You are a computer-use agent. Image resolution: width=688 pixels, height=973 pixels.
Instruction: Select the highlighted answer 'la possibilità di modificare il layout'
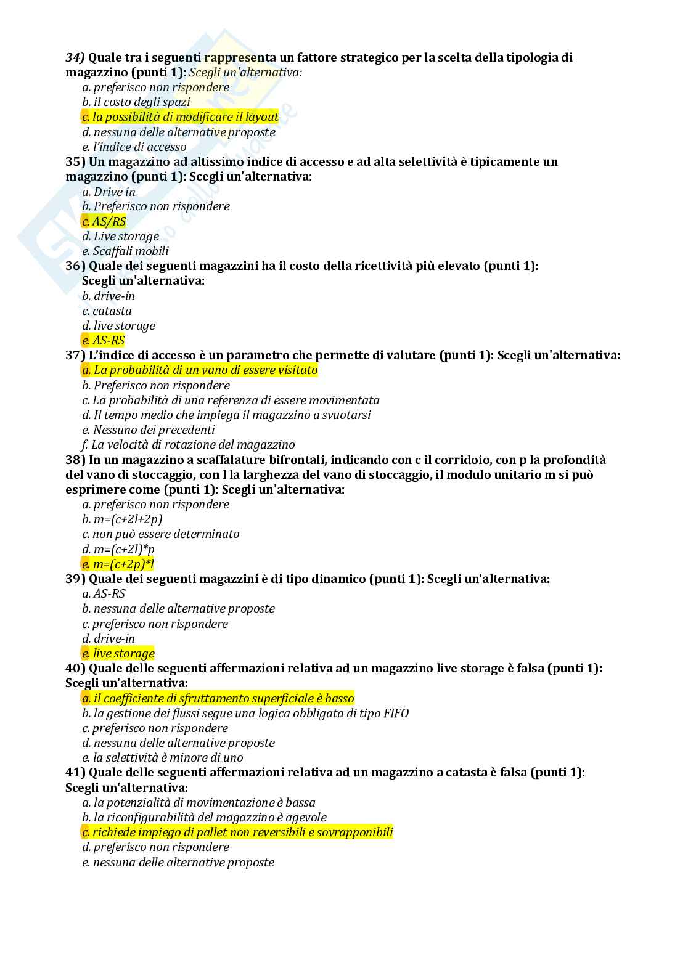[x=180, y=117]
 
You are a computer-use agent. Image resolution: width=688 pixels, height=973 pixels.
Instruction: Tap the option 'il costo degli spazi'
[x=136, y=102]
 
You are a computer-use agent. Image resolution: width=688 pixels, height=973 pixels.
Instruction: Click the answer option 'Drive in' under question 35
[x=109, y=192]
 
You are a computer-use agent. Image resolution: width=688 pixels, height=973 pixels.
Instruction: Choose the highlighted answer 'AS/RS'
[x=104, y=222]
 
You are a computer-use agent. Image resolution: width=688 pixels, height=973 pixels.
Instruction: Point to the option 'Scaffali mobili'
[x=125, y=251]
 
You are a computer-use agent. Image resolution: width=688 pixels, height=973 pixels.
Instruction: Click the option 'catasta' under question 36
[x=107, y=311]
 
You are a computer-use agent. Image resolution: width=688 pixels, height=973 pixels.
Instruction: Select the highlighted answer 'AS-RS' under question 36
[x=103, y=341]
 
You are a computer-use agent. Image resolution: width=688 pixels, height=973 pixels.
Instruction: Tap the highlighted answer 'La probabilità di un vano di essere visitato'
[x=200, y=370]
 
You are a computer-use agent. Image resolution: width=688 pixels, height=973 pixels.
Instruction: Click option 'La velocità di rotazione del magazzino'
[x=188, y=445]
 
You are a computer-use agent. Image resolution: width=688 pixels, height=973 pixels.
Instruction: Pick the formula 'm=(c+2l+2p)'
[x=122, y=519]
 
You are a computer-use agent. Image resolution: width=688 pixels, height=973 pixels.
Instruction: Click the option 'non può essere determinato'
[x=160, y=534]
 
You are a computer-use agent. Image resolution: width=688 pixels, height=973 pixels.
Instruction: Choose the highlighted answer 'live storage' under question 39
[x=118, y=654]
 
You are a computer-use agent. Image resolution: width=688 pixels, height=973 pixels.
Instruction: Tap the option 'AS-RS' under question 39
[x=104, y=594]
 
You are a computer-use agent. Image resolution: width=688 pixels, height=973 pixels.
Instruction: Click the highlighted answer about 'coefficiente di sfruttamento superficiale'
[x=218, y=699]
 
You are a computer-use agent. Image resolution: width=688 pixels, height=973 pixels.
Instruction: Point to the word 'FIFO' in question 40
[x=396, y=714]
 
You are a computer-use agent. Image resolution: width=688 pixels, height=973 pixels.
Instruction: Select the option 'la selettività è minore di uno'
[x=162, y=758]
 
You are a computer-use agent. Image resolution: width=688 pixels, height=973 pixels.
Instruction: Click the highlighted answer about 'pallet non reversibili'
[x=237, y=833]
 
